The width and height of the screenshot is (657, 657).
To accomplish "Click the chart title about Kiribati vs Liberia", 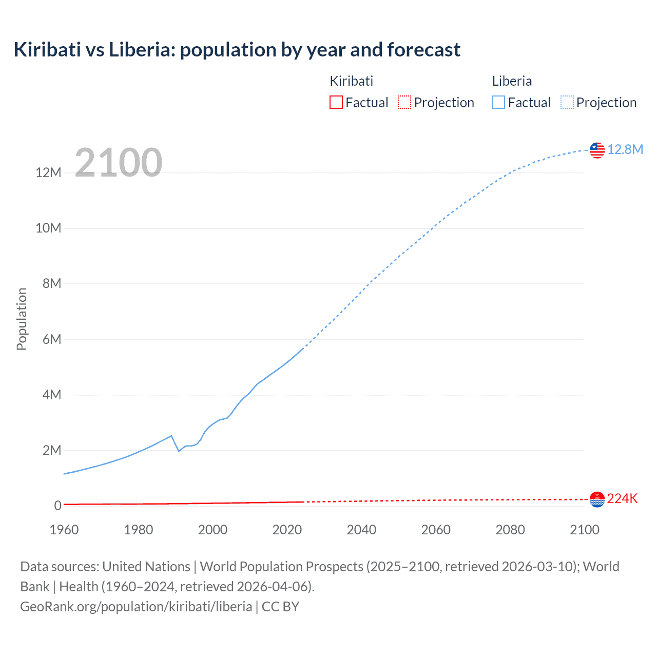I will point(237,50).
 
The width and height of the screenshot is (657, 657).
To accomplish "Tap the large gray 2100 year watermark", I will point(119,163).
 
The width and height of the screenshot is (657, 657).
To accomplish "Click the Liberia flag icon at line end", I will point(597,150).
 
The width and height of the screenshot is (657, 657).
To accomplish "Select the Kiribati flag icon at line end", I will point(597,499).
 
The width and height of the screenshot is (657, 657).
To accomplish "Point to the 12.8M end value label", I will point(625,149).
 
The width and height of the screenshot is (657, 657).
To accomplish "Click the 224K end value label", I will point(622,499).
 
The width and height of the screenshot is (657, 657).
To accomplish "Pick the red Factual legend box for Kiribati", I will point(336,102).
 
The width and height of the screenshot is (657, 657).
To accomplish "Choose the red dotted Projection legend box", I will point(404,102).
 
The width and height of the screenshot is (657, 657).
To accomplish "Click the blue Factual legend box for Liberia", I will point(498,102).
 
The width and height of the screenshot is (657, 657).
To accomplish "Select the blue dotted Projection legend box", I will point(567,102).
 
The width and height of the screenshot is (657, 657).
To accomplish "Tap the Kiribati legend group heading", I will point(351,81).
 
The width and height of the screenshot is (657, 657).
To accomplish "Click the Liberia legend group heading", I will point(512,81).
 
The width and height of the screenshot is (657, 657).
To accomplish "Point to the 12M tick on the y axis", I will point(49,172).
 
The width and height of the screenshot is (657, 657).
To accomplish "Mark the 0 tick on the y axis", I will point(57,506).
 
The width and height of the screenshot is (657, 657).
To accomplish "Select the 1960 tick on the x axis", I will point(64,530).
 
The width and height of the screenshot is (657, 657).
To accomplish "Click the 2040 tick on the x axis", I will point(361,530).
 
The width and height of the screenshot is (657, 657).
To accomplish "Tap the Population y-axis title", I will point(22,319).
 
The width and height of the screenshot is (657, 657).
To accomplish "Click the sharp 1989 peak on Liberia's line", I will point(171,436).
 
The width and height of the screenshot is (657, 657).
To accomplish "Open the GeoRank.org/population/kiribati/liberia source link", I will point(136,607).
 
